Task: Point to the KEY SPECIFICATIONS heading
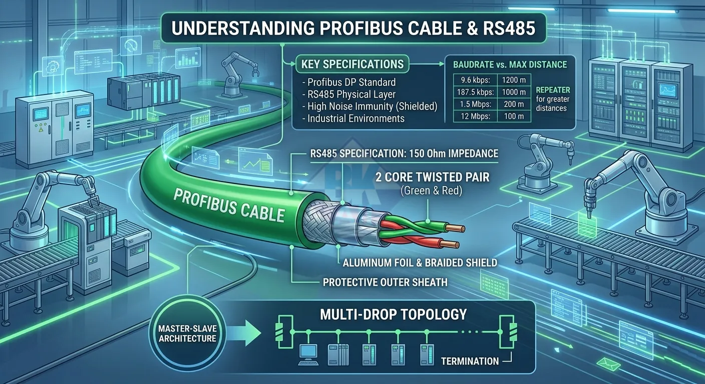[x=352, y=64]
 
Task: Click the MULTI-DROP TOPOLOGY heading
[x=394, y=314]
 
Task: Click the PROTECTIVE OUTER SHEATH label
[x=385, y=282]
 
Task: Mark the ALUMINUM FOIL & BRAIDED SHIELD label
[x=420, y=262]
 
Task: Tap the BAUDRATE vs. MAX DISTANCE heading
[x=510, y=64]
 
